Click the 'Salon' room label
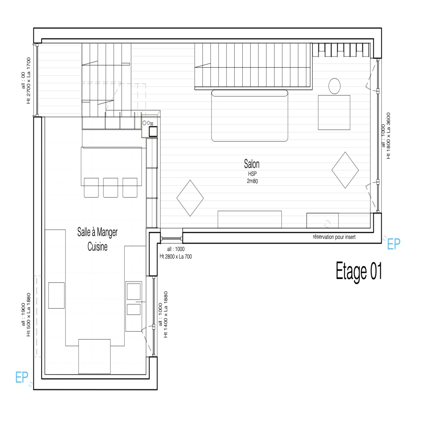point(252,164)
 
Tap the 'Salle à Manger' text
point(97,232)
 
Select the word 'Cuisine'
point(97,247)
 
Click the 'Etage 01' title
point(359,271)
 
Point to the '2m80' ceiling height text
point(252,181)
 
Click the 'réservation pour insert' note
point(334,237)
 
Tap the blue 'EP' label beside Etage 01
point(394,244)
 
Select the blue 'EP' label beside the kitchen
point(22,377)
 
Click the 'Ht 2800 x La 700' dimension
point(176,257)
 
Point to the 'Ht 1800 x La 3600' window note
point(388,136)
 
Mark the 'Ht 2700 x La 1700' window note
point(28,81)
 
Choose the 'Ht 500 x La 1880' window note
point(28,315)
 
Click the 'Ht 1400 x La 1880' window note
point(166,314)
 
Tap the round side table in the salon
point(334,86)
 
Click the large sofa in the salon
point(250,116)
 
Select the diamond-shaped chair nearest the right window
point(345,170)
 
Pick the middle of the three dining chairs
point(111,188)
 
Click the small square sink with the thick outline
point(153,131)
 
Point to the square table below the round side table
point(334,113)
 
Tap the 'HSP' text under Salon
point(252,174)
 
